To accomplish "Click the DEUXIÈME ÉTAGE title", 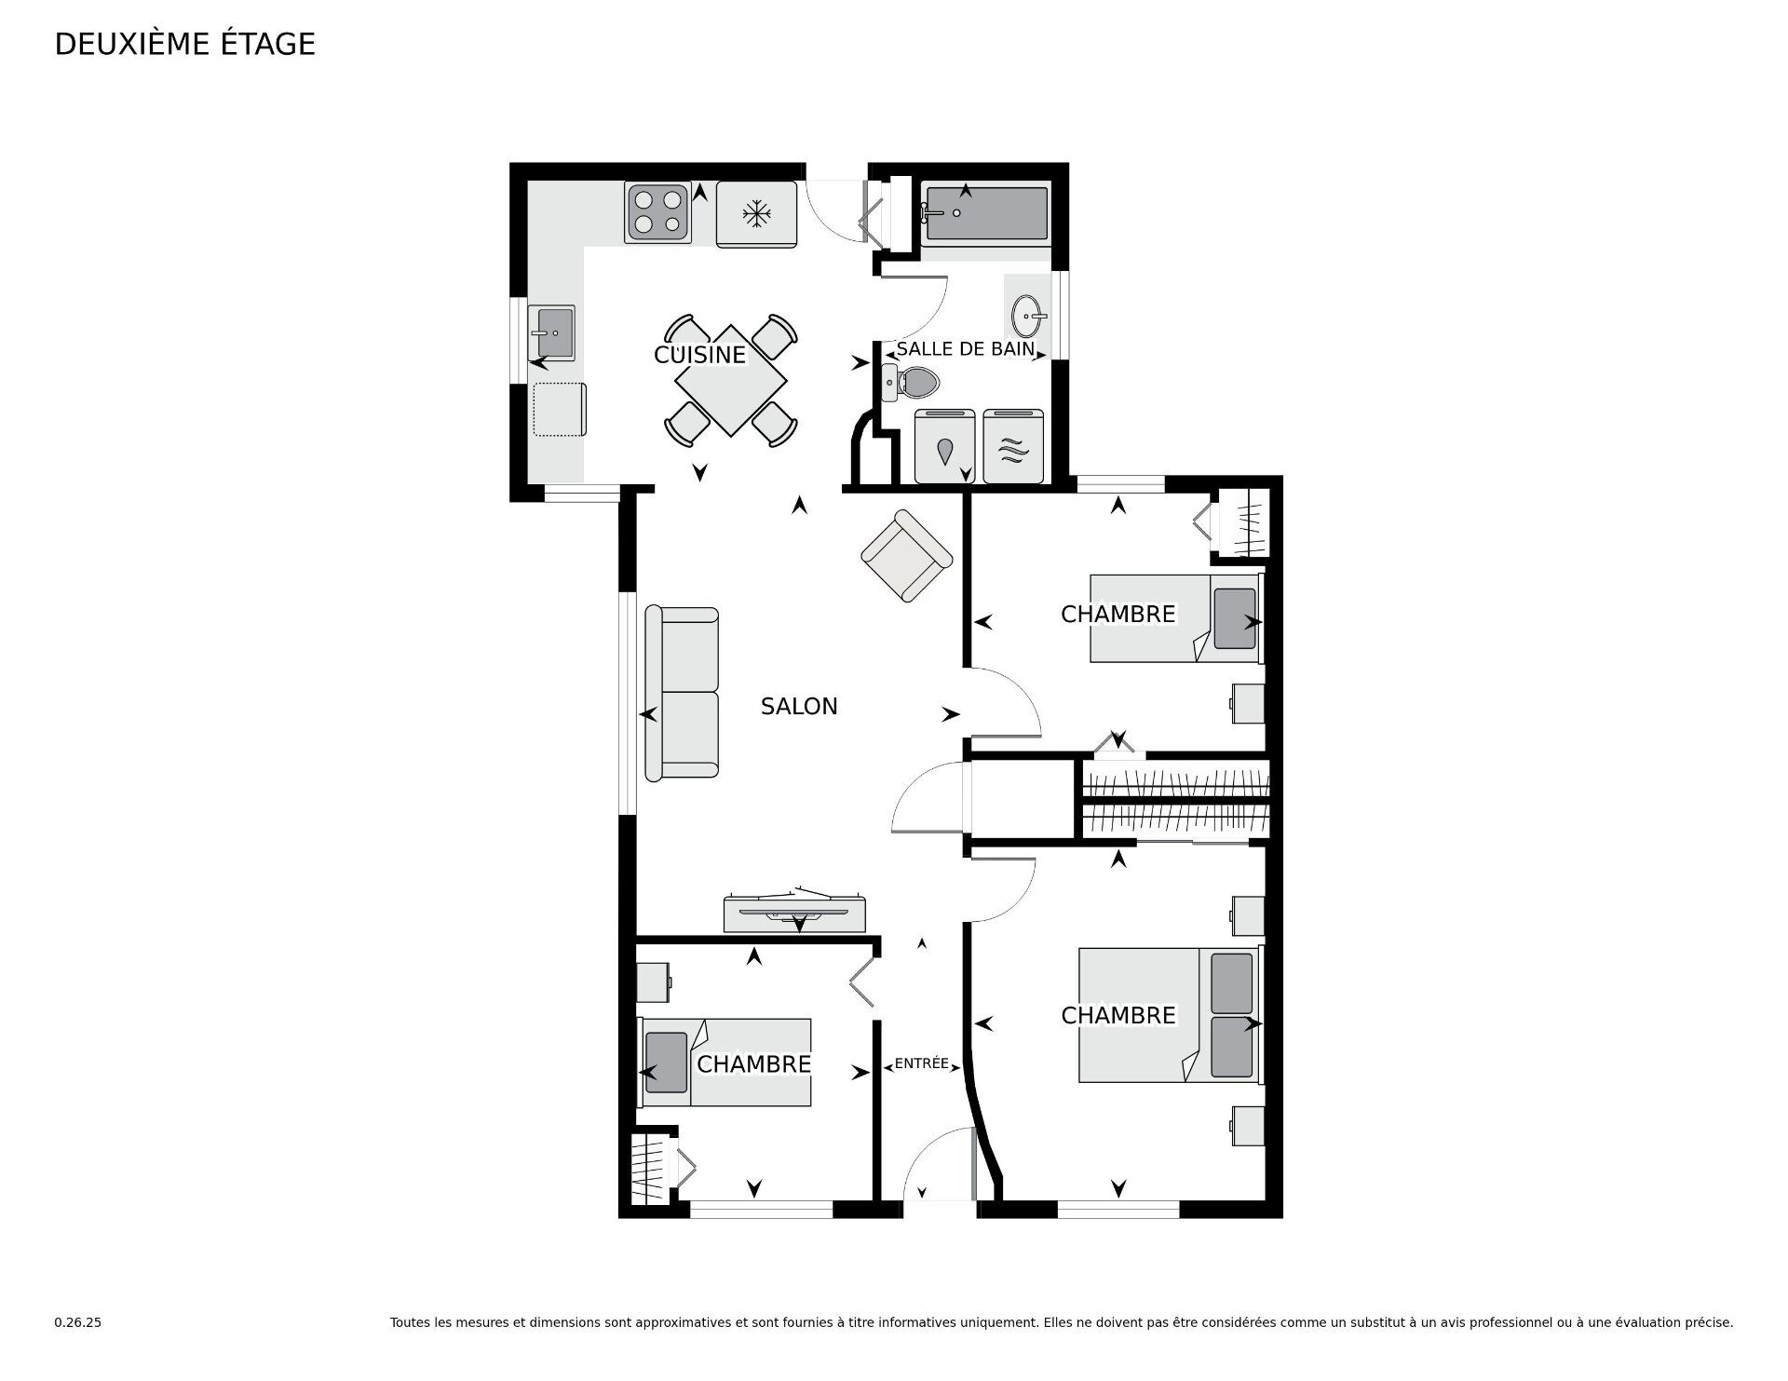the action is click(185, 44).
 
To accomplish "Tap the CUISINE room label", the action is click(700, 355).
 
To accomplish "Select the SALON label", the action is click(799, 707).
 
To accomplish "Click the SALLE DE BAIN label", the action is click(966, 349).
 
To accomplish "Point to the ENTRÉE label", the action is click(921, 1063).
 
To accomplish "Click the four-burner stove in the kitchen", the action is click(658, 211).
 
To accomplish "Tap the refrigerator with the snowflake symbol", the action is click(757, 214).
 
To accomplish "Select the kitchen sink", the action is click(551, 332).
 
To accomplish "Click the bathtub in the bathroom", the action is click(985, 213).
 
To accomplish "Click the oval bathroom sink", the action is click(1029, 318).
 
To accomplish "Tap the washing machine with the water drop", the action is click(944, 447).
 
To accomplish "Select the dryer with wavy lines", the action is click(1012, 447).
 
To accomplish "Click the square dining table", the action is click(731, 380).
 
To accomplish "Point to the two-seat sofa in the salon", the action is click(682, 693).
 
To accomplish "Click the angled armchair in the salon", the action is click(906, 556).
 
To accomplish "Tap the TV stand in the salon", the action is click(796, 913).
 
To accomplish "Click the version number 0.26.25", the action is click(78, 1322).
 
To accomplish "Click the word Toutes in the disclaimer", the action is click(411, 1322).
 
